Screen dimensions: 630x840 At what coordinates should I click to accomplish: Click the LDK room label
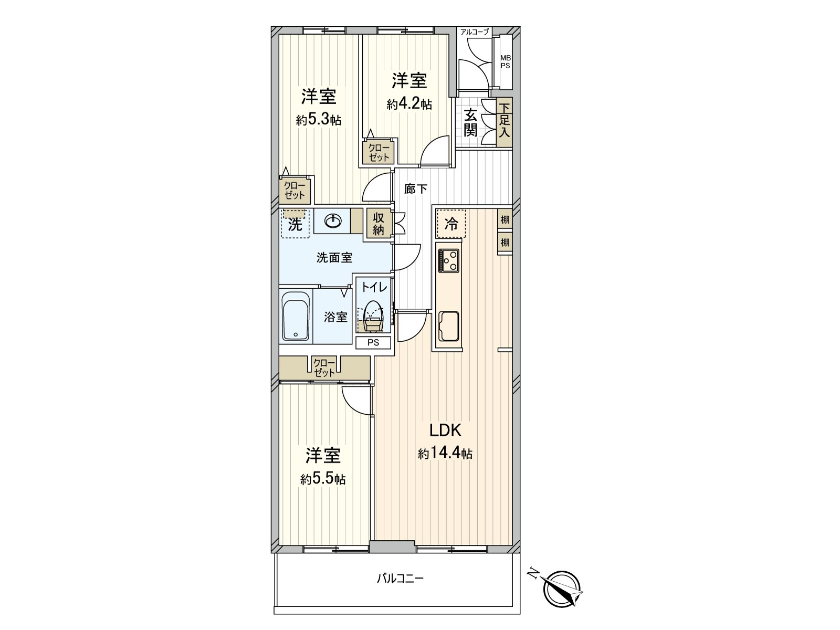point(445,430)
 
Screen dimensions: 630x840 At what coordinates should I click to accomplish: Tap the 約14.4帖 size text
point(445,453)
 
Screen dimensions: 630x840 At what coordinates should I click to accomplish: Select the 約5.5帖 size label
point(323,479)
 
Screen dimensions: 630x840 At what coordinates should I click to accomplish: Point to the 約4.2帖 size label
point(409,104)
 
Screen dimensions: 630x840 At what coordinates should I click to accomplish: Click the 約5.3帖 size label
point(319,120)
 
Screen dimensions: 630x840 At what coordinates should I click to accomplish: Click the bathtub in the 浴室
point(297,316)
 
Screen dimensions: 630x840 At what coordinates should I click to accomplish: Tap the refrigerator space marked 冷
point(451,224)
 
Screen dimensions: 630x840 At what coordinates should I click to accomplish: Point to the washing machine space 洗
point(295,225)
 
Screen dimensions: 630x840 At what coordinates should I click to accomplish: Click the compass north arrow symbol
point(563,586)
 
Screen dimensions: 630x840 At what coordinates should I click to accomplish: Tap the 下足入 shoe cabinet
point(505,122)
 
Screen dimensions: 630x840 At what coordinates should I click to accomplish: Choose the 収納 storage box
point(379,223)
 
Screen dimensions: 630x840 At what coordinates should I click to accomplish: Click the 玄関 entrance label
point(470,122)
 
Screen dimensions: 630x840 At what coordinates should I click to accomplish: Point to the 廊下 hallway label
point(416,188)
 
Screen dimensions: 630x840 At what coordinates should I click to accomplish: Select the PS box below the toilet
point(373,343)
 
